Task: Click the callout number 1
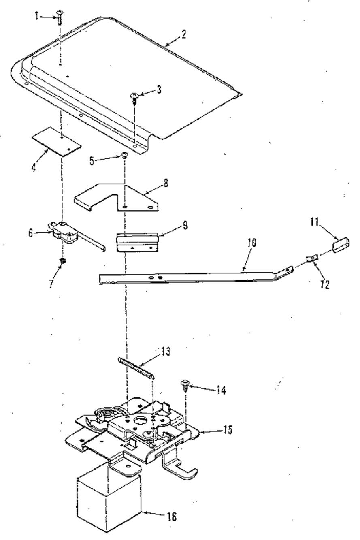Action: [x=36, y=16]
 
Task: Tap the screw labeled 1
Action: [x=59, y=17]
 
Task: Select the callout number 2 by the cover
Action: [x=183, y=34]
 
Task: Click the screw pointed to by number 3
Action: [x=134, y=98]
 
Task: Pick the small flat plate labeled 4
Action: [x=57, y=142]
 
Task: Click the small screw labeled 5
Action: [x=125, y=155]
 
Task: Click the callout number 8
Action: [x=166, y=183]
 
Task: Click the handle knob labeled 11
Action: [x=341, y=245]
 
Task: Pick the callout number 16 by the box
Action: [x=172, y=517]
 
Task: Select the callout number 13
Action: [x=166, y=352]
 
